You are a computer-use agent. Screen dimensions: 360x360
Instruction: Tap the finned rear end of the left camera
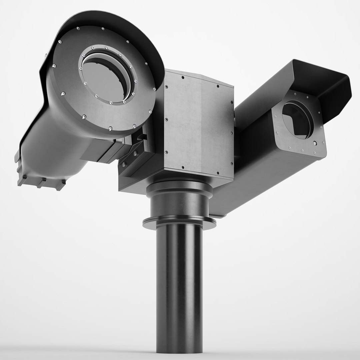pos(40,180)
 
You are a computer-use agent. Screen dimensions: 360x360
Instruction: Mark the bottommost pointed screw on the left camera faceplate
pos(110,128)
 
